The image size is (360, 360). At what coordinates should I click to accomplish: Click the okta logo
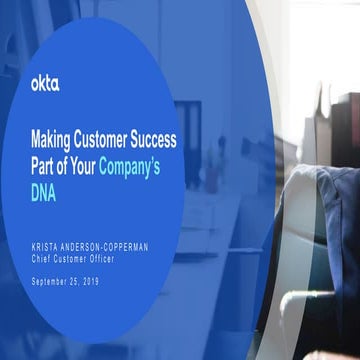point(45,83)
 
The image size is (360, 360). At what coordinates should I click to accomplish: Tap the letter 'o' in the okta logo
point(36,84)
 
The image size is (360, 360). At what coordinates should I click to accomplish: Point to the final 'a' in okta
point(55,84)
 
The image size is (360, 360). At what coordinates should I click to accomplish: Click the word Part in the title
point(46,168)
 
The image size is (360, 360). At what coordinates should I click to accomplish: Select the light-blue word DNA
point(44,194)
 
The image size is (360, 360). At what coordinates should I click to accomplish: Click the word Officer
point(115,258)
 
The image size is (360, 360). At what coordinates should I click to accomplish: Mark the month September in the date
point(53,281)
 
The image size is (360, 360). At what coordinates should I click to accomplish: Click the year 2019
point(102,281)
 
